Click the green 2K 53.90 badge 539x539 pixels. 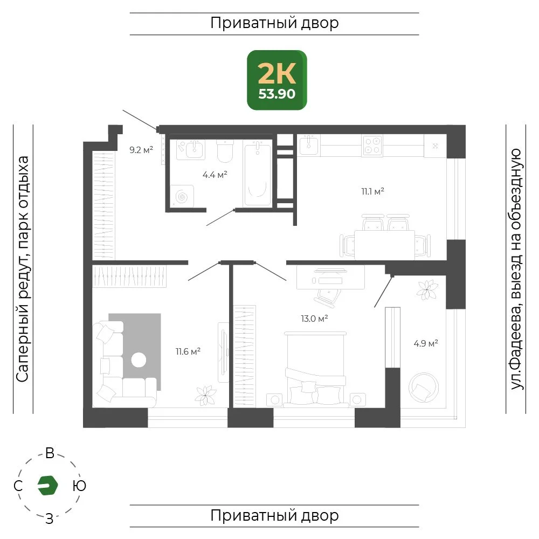tap(277, 80)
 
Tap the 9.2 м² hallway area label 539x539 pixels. tap(141, 150)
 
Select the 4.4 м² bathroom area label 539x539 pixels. tap(215, 175)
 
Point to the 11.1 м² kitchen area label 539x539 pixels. tap(372, 191)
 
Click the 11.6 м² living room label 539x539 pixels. tap(188, 351)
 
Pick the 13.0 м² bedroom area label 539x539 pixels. tap(314, 319)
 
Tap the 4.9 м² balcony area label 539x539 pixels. tap(426, 343)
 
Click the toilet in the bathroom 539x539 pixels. tap(225, 151)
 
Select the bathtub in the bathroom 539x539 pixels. tap(257, 173)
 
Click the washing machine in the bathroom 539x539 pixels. tap(182, 196)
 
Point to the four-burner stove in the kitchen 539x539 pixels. tap(372, 146)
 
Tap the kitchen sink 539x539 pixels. tap(309, 144)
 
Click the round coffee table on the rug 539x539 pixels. tap(139, 360)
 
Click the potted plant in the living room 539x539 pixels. tap(205, 395)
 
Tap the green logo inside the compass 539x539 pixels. tap(47, 486)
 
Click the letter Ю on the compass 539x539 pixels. tap(79, 486)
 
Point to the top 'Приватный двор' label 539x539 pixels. tap(274, 23)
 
